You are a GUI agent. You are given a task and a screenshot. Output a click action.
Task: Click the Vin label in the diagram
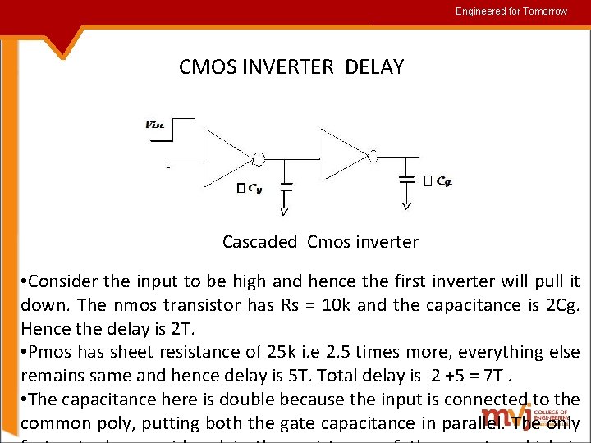point(154,125)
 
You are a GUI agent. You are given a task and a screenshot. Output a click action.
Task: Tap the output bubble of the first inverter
point(259,158)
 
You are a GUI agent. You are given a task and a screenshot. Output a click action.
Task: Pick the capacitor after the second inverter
point(406,178)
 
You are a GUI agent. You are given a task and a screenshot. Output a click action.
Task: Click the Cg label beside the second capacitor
point(443,180)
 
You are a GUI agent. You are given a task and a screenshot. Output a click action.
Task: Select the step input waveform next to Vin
point(182,139)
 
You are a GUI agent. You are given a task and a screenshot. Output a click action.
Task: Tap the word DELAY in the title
point(375,67)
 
